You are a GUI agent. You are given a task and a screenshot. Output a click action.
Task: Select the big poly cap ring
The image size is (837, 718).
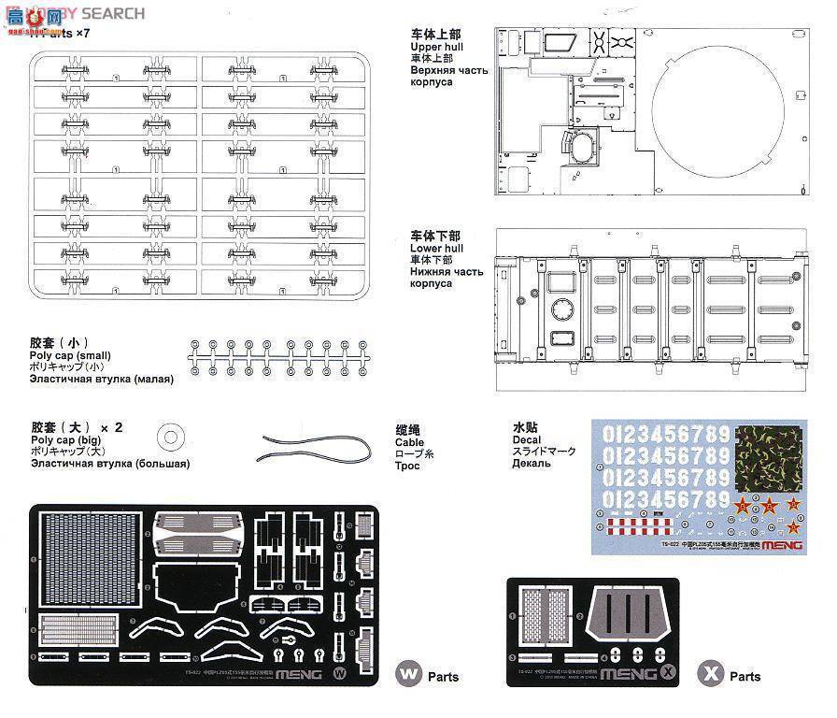171,435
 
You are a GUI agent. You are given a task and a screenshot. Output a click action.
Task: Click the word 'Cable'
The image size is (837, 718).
409,442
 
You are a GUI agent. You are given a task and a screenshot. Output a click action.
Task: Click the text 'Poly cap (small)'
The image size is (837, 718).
71,355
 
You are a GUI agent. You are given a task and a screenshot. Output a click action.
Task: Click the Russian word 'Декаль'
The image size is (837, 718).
531,463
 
